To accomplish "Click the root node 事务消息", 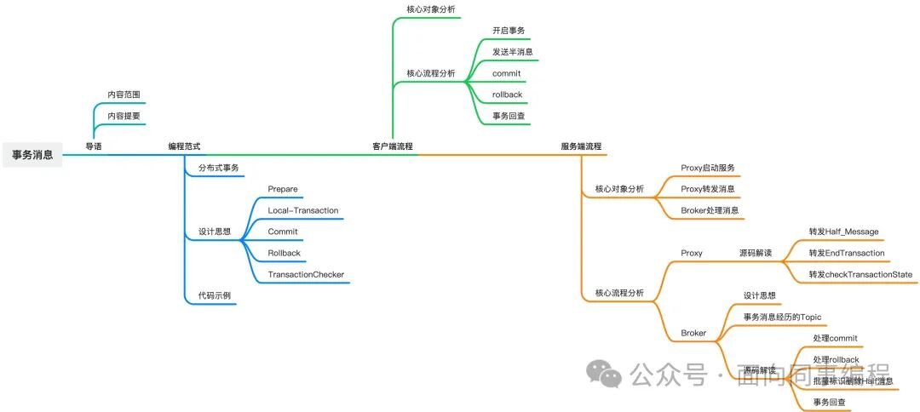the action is (x=32, y=155).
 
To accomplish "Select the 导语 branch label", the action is (x=93, y=146).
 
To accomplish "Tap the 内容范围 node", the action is (x=124, y=94).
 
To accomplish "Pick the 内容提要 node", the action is (x=124, y=116).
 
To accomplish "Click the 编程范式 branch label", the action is (x=184, y=146).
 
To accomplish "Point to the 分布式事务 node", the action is (x=218, y=168).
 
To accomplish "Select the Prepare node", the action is (x=282, y=189).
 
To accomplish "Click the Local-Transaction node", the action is (x=302, y=210).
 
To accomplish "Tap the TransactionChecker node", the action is (x=306, y=274).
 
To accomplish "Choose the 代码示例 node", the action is (x=214, y=295).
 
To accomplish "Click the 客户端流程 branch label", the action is (x=393, y=146).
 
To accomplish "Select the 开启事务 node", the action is (x=509, y=31).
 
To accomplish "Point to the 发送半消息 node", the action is (x=513, y=52).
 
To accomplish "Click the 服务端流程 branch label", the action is (x=581, y=146).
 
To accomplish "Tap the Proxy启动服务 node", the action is (x=708, y=168).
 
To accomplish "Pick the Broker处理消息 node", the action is (x=710, y=210).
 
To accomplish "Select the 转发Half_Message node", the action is (x=843, y=232).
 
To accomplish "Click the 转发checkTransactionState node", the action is (x=860, y=274).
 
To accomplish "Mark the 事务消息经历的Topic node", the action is (x=782, y=317).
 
